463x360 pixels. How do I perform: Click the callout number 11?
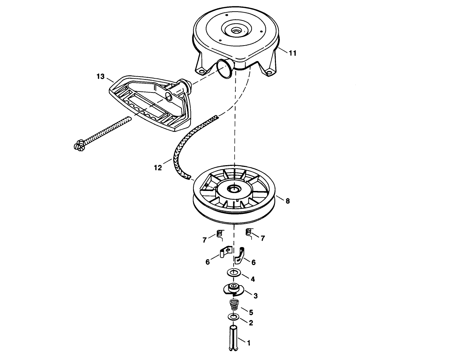293,53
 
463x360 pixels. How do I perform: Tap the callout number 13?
101,77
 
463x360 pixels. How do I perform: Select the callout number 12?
158,168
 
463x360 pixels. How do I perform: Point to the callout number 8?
288,201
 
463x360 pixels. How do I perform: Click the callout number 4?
253,279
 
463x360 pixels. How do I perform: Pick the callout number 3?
255,296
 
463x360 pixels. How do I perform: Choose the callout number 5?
251,312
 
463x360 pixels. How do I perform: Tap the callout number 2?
251,323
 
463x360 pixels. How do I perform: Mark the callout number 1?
248,343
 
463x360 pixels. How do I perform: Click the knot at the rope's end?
79,146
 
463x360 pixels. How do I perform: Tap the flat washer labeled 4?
234,272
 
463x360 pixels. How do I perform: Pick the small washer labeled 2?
234,317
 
